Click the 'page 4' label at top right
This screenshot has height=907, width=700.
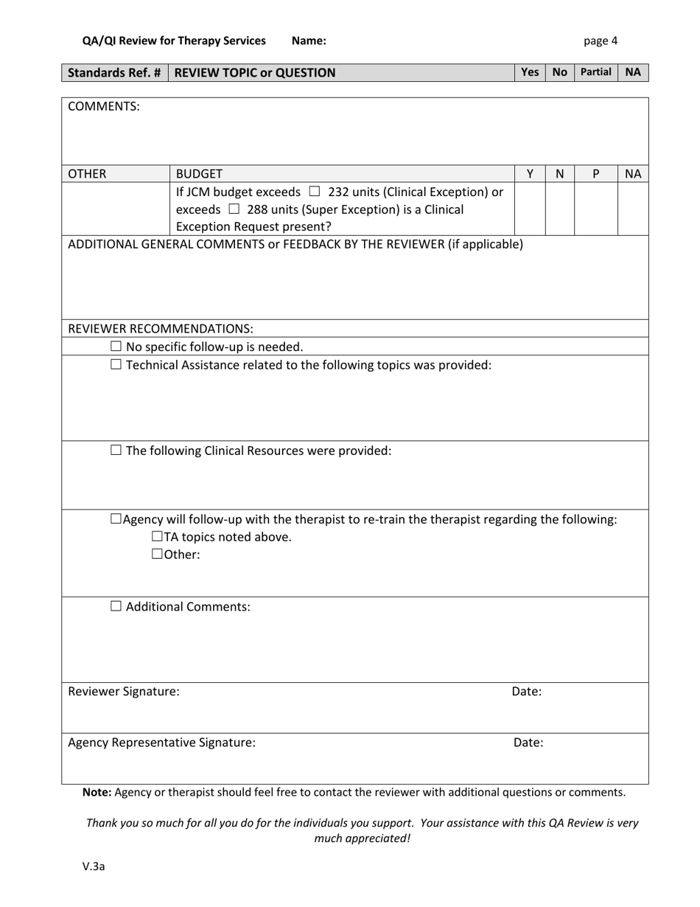601,41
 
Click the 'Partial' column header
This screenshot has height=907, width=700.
595,72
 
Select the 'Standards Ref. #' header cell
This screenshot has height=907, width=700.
114,72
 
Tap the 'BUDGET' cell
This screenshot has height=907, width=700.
198,174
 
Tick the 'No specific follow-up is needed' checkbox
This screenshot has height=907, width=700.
116,347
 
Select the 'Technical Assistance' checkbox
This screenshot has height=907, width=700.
116,364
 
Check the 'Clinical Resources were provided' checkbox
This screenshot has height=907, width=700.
116,451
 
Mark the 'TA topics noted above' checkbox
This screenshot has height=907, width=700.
157,537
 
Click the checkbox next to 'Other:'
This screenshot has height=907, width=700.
157,555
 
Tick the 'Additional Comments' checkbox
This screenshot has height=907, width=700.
116,607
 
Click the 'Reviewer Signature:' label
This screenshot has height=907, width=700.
124,692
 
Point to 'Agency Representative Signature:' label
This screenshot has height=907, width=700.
162,743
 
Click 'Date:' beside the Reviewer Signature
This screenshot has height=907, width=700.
527,692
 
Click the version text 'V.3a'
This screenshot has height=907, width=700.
94,866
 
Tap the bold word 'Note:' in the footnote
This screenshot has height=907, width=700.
97,792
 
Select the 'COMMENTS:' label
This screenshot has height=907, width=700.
104,106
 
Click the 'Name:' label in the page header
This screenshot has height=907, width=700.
309,41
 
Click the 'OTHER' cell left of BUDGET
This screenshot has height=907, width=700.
87,174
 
